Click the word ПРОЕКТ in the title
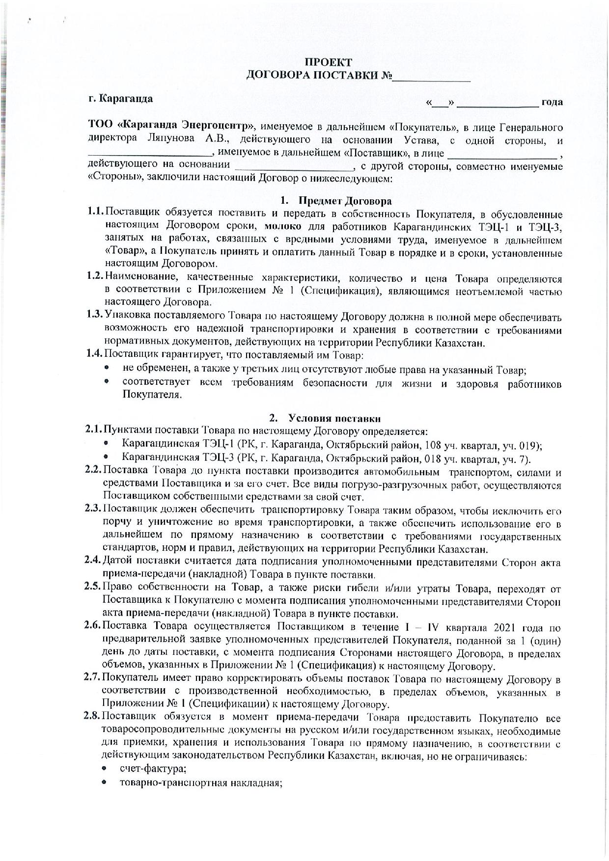coord(328,62)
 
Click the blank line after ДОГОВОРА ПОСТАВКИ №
coord(432,76)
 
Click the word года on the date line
coord(552,102)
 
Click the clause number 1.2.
coord(94,278)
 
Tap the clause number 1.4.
coord(94,353)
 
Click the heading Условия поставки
coord(334,418)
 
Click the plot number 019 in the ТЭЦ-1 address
coord(529,445)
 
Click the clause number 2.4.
coord(92,561)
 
